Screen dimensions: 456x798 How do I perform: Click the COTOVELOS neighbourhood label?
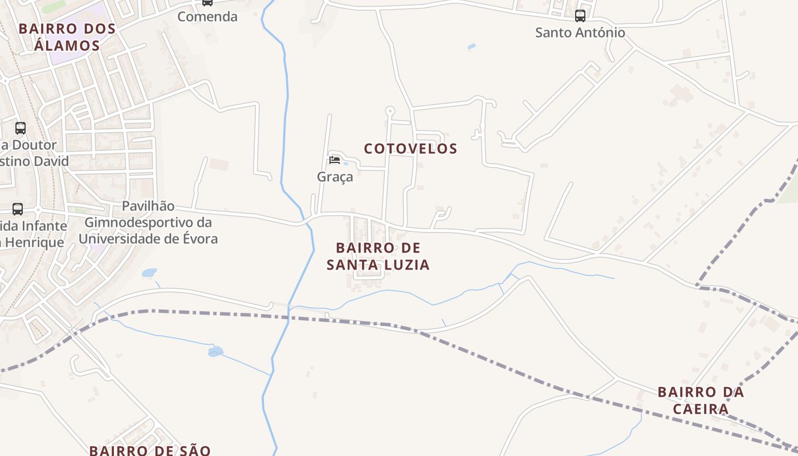(x=410, y=149)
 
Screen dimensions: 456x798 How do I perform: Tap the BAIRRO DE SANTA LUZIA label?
(x=378, y=256)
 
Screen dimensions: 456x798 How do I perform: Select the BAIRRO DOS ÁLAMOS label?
(x=67, y=36)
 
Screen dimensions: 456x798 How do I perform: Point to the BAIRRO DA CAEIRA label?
(x=701, y=400)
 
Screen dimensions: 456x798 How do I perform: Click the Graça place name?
(x=335, y=177)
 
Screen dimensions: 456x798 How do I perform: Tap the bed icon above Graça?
(x=335, y=160)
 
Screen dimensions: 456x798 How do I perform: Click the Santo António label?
(x=580, y=32)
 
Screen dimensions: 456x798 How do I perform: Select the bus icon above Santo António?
(x=580, y=16)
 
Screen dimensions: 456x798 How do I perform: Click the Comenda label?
(x=207, y=17)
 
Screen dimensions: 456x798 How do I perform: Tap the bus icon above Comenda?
(x=207, y=3)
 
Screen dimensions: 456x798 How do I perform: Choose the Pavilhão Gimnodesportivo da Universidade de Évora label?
(x=148, y=222)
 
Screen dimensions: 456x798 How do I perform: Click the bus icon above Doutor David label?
(x=21, y=128)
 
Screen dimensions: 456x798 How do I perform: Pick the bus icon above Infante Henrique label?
(x=18, y=209)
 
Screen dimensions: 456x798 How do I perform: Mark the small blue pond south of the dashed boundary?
(x=215, y=351)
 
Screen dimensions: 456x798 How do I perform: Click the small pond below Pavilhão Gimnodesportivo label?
(x=149, y=273)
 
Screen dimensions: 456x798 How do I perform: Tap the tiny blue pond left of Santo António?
(x=471, y=46)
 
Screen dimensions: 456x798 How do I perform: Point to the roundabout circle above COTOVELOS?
(x=390, y=110)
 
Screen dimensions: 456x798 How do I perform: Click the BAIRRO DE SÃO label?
(x=149, y=450)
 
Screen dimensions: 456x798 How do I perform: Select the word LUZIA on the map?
(x=406, y=264)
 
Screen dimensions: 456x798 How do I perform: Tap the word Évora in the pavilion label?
(x=199, y=238)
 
